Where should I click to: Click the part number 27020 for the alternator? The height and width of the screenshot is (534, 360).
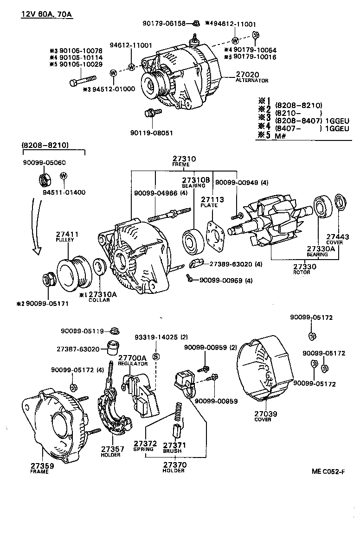click(248, 74)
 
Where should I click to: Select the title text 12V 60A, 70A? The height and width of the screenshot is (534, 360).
click(46, 14)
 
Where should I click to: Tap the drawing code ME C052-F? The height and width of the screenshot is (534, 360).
click(328, 472)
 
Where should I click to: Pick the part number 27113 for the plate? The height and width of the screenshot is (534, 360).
click(212, 199)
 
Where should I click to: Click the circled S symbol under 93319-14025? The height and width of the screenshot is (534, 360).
click(156, 356)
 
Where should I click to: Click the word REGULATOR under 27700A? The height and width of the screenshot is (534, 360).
click(133, 364)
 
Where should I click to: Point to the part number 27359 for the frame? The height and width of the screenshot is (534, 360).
click(42, 465)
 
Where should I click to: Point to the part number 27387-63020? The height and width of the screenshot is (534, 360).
click(78, 349)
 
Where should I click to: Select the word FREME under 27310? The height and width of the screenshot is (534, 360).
click(181, 165)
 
